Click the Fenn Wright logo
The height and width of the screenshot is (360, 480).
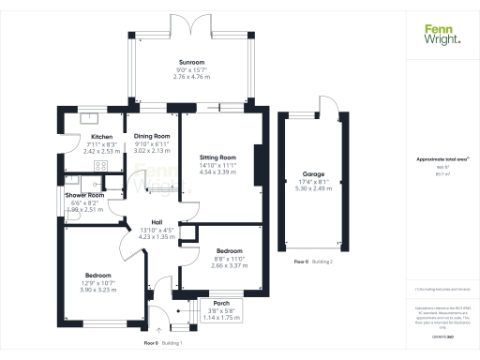coord(442,34)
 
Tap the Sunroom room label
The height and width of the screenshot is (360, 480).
coord(191,62)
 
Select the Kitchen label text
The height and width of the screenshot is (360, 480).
coord(102,136)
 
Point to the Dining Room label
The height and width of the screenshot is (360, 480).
coord(151,136)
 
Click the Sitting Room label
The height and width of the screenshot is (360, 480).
coord(217,157)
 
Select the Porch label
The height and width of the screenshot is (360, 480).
coord(222,303)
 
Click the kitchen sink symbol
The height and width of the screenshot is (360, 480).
coord(91,117)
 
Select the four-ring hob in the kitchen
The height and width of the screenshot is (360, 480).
coord(101,166)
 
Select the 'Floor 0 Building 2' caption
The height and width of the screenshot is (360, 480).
coord(313,261)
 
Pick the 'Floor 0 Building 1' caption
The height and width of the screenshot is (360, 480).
coord(163,343)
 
